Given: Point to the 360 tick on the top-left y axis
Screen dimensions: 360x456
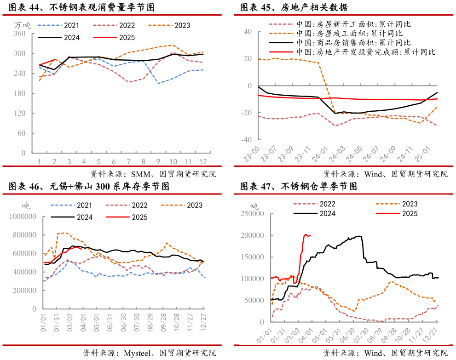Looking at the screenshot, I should click(20, 34).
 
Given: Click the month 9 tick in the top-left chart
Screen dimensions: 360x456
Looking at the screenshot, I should click(158, 161).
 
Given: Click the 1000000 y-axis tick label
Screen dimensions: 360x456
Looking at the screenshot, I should click(21, 216).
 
